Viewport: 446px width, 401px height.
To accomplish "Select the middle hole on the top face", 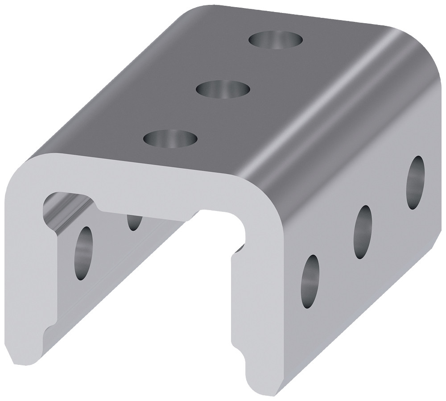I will click(223, 88).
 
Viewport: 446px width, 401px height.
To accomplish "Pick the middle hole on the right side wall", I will click(363, 232).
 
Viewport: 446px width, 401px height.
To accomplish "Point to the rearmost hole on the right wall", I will click(415, 182).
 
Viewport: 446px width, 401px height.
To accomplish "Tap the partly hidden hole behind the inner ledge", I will click(134, 221).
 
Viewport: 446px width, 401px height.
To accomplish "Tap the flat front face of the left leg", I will click(27, 268).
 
